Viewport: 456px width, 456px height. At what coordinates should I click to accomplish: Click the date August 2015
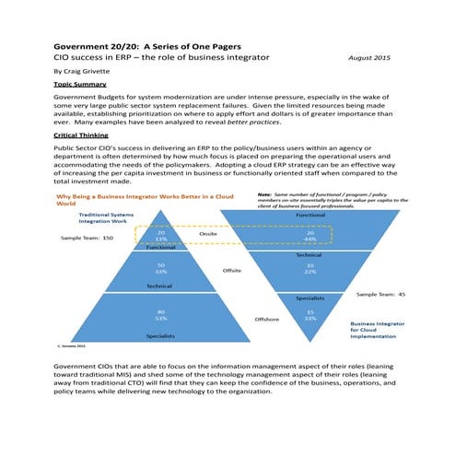click(369, 58)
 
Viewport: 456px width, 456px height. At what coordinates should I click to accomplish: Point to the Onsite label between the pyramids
click(208, 235)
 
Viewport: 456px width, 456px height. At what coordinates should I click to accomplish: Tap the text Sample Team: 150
click(87, 237)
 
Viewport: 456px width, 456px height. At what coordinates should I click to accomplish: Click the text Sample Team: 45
click(380, 295)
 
